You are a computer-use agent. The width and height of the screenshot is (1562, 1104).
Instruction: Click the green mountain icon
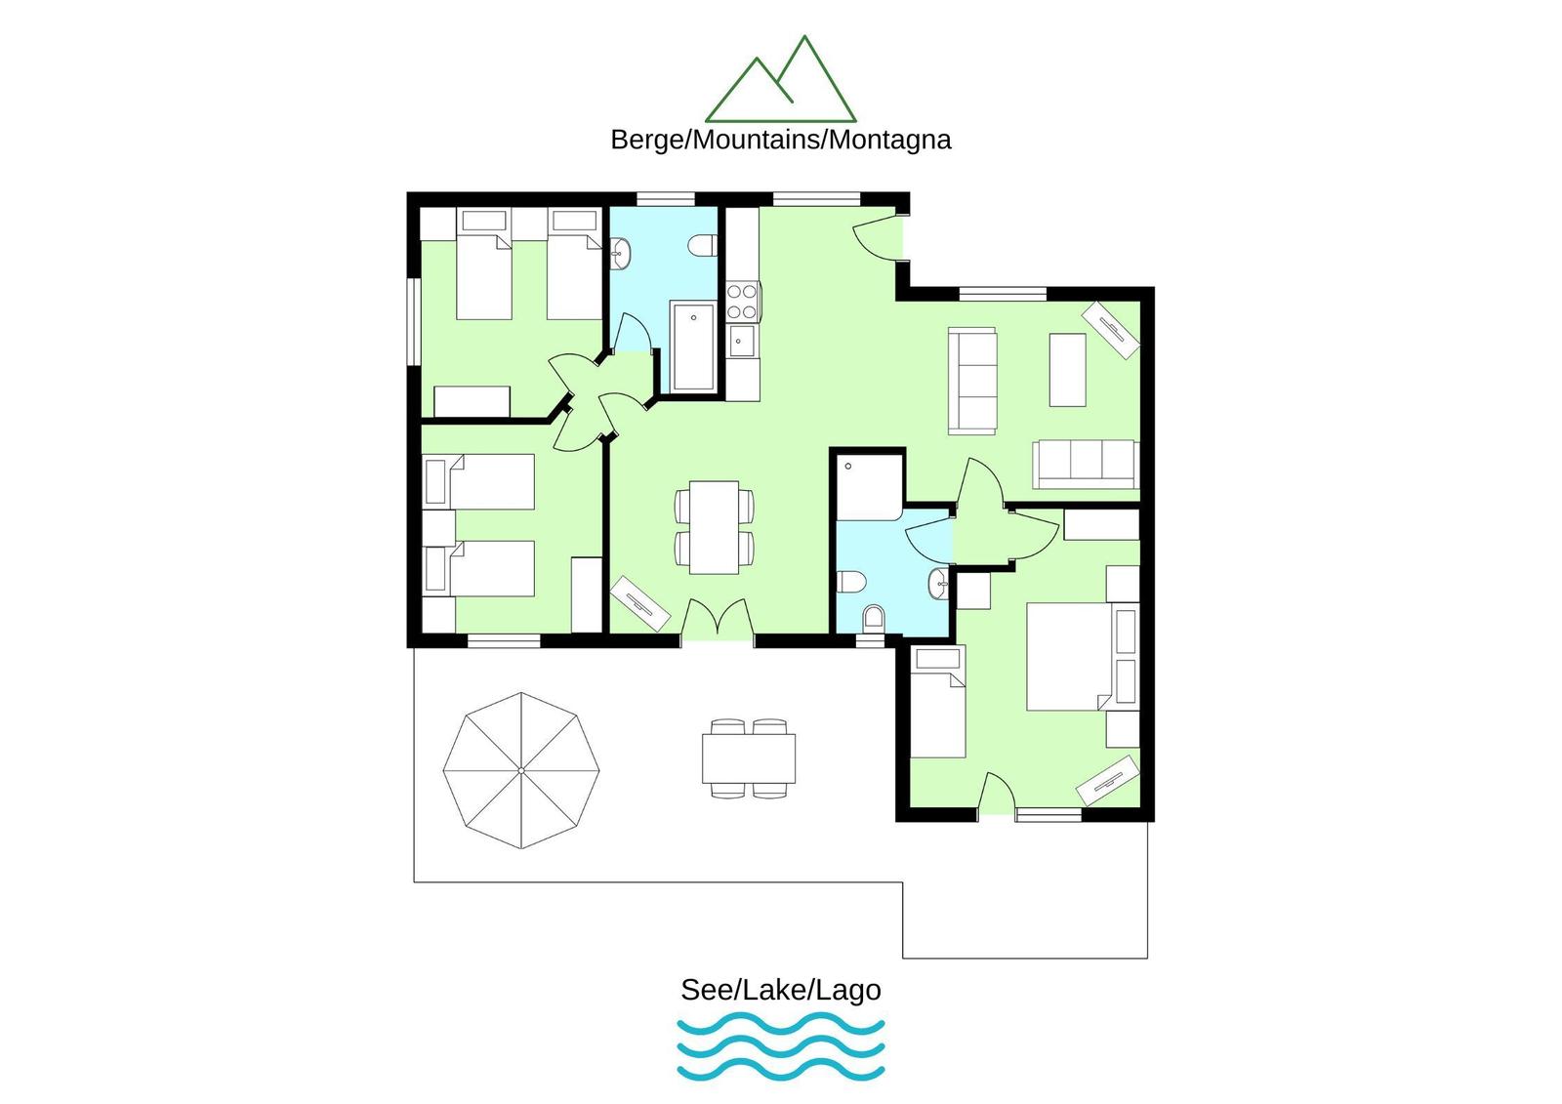click(x=780, y=79)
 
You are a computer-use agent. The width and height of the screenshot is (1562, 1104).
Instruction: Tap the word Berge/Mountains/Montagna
click(x=780, y=141)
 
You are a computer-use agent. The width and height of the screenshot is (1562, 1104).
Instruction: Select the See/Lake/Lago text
click(x=780, y=990)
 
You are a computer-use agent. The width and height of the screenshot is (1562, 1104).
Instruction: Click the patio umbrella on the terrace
click(x=521, y=770)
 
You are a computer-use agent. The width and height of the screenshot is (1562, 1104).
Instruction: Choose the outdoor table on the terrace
click(x=748, y=758)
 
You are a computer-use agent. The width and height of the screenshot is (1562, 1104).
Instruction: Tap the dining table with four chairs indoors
click(x=714, y=527)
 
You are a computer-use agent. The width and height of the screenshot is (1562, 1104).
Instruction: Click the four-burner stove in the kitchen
click(x=743, y=301)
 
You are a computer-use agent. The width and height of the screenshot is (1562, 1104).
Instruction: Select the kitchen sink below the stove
click(x=742, y=341)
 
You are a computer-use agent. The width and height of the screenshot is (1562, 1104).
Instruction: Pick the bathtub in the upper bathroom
click(x=692, y=346)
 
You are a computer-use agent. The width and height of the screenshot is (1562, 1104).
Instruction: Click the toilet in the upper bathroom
click(x=702, y=245)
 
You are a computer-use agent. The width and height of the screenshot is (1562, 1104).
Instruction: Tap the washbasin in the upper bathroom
click(x=621, y=253)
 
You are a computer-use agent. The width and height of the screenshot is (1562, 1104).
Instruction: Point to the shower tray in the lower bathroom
click(x=870, y=488)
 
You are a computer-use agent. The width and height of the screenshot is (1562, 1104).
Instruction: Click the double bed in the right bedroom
click(x=1068, y=657)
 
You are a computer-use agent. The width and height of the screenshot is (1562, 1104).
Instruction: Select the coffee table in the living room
click(x=1068, y=370)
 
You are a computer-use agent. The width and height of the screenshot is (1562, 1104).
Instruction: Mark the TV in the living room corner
click(x=1111, y=329)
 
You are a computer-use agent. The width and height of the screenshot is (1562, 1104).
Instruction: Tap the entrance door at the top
click(x=876, y=238)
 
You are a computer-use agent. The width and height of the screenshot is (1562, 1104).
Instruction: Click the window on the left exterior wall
click(x=413, y=321)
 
